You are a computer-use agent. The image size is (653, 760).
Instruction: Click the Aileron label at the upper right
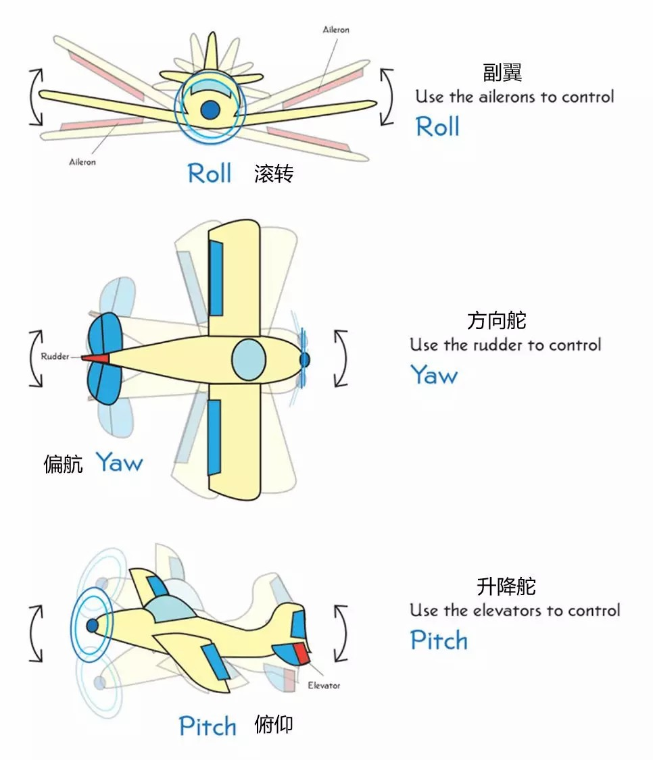tap(336, 30)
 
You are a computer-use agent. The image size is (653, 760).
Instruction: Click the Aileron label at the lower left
tap(82, 162)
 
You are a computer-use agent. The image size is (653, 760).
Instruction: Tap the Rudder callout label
tap(55, 356)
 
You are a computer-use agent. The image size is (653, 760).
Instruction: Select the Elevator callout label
tap(324, 686)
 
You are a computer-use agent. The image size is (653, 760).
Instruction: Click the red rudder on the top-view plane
tap(95, 357)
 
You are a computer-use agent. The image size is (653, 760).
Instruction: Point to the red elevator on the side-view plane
tap(302, 653)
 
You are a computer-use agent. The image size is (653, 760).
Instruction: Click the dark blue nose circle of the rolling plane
tap(210, 110)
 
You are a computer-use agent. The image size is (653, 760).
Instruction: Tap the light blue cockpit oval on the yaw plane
tap(249, 359)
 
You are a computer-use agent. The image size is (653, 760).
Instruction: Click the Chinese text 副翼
tap(502, 73)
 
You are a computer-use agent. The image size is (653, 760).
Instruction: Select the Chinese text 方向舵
tap(497, 320)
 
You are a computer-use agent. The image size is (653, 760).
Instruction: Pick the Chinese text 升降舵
tap(506, 586)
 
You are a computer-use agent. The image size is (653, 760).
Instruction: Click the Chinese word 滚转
tap(274, 174)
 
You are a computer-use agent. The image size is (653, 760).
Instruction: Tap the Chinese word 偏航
tap(63, 464)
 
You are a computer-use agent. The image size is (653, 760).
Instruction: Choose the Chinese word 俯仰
tap(274, 725)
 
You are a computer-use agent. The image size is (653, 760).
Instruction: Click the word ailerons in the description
tap(508, 97)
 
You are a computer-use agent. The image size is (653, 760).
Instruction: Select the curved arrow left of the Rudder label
tap(32, 359)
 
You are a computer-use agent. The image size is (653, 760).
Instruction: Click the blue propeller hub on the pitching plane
tap(92, 626)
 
